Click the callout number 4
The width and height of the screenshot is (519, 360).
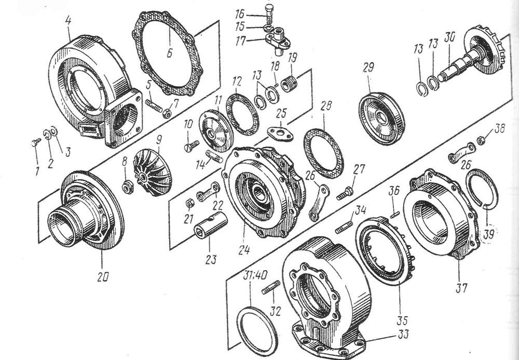click(x=68, y=21)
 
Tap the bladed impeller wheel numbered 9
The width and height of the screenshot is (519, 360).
click(x=152, y=172)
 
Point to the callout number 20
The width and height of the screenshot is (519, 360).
click(x=103, y=277)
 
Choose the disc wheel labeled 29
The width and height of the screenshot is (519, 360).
click(x=381, y=118)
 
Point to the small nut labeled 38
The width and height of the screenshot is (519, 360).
click(x=481, y=140)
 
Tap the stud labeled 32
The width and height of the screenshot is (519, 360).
click(x=271, y=287)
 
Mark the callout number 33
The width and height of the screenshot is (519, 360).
click(x=403, y=334)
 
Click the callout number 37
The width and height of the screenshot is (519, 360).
click(x=461, y=288)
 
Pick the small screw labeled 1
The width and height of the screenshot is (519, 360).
click(x=35, y=143)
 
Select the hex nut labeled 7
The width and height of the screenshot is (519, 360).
click(x=167, y=114)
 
